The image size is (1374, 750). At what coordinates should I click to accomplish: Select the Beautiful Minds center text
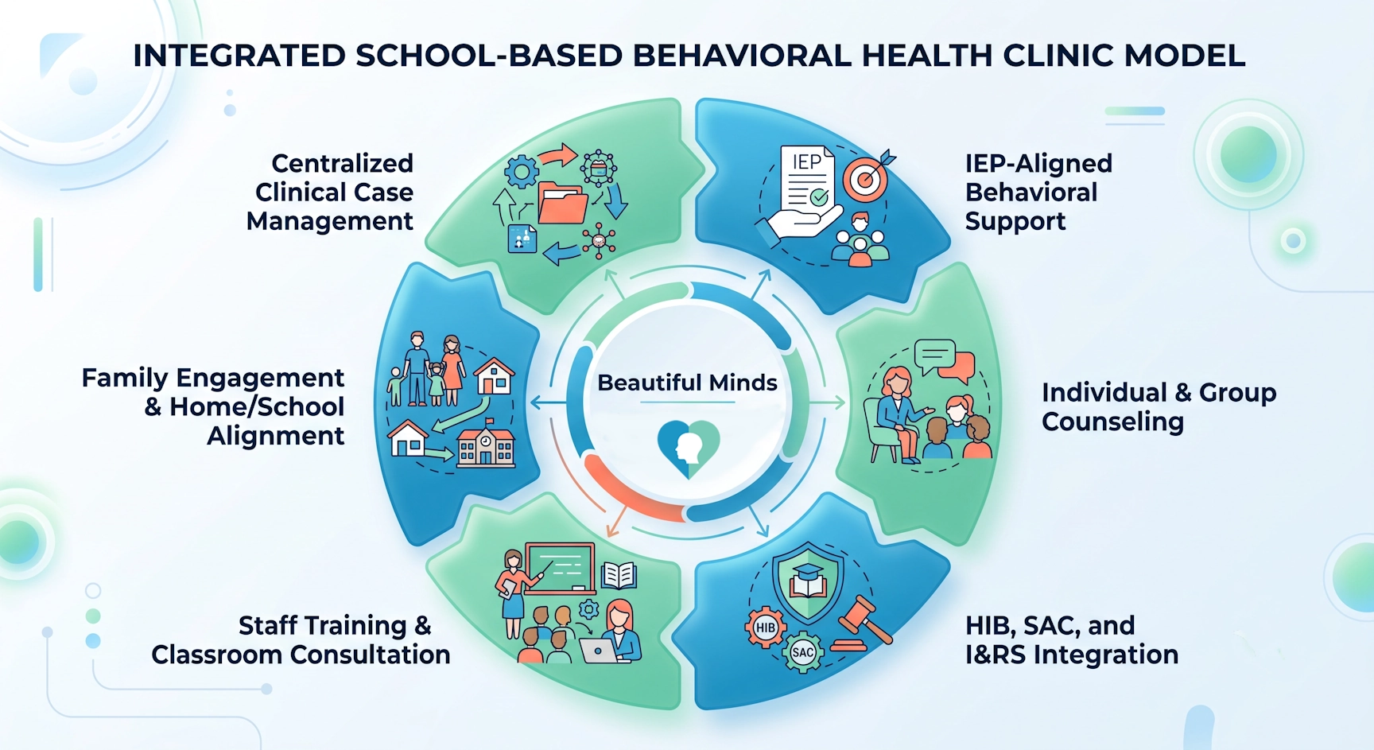click(x=687, y=383)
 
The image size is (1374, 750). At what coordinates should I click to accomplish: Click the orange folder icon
click(x=563, y=203)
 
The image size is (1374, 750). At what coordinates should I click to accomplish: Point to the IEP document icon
click(x=807, y=179)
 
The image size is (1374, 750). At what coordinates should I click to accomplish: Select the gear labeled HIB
click(x=765, y=628)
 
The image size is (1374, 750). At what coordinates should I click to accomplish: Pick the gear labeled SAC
click(x=803, y=652)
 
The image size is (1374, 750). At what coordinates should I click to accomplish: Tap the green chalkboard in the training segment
click(x=560, y=568)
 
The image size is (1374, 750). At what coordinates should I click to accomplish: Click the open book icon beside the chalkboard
click(x=619, y=574)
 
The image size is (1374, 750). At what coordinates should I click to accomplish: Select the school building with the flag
click(x=486, y=445)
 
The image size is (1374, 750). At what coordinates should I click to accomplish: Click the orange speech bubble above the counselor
click(x=959, y=366)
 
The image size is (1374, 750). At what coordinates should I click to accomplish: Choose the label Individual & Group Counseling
click(x=1159, y=406)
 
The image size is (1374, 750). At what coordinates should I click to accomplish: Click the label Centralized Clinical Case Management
click(x=330, y=192)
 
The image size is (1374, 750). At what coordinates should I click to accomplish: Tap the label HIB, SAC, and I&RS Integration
click(x=1072, y=639)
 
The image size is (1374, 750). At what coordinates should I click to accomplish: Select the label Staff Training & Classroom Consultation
click(x=301, y=639)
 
